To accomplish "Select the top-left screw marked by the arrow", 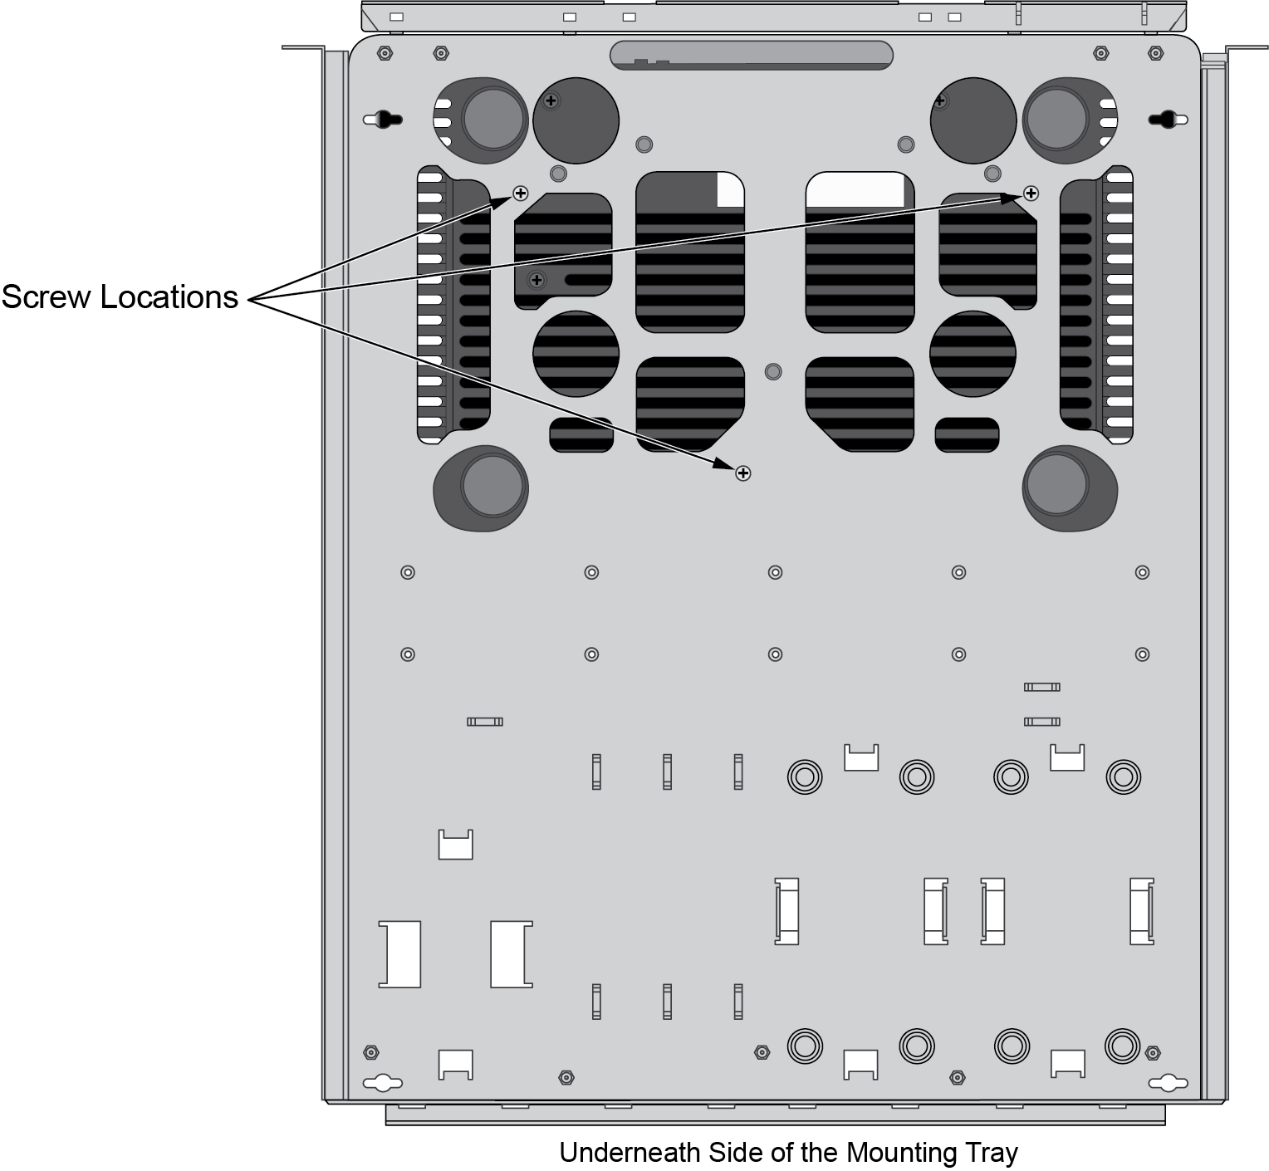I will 521,194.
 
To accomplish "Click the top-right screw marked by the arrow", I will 1031,194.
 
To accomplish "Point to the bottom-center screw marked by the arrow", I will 743,473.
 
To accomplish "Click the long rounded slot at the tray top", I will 751,55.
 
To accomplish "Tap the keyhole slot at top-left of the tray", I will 383,120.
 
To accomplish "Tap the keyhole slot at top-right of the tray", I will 1169,120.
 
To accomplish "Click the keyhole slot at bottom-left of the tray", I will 383,1083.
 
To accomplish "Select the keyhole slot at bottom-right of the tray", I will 1169,1083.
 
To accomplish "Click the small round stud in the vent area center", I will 772,371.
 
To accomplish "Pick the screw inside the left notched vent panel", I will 537,280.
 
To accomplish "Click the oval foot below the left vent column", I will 482,488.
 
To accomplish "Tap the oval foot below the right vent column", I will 1069,488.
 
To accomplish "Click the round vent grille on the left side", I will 576,354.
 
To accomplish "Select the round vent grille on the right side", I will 973,354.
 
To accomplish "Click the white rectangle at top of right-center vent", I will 855,189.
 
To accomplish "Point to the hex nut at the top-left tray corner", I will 384,54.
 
